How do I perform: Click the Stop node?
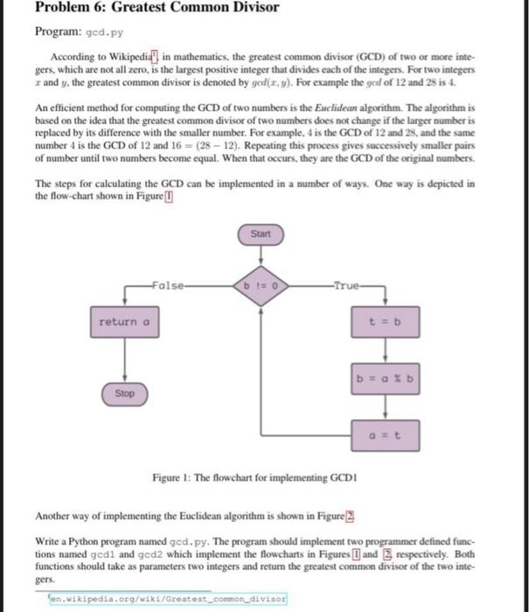tap(125, 393)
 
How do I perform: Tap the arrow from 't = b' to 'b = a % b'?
tap(385, 351)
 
